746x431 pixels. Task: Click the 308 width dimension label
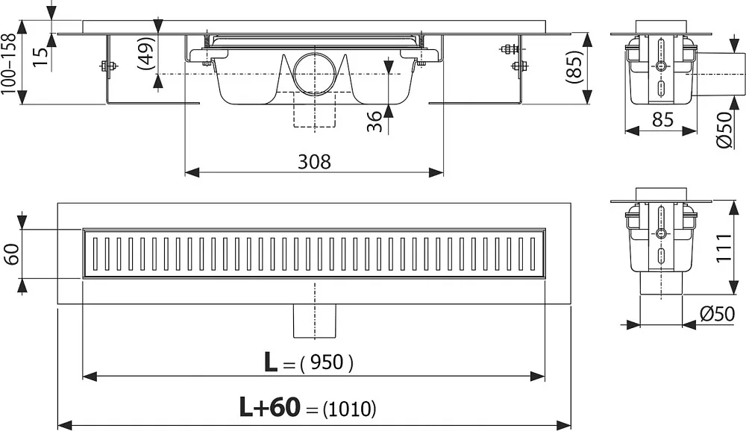(314, 162)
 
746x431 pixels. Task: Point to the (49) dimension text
(146, 53)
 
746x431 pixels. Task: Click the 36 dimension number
(375, 122)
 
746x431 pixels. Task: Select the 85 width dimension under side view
(662, 119)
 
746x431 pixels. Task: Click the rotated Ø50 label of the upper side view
(724, 130)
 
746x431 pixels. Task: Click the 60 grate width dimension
(11, 254)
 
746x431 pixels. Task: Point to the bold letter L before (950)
(270, 362)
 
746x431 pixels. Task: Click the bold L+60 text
(270, 407)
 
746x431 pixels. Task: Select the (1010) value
(349, 409)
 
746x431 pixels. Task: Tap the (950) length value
(327, 363)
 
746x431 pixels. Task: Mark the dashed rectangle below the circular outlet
(315, 110)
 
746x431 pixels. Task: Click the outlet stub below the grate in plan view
(315, 321)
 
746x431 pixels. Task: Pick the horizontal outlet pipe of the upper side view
(718, 75)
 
